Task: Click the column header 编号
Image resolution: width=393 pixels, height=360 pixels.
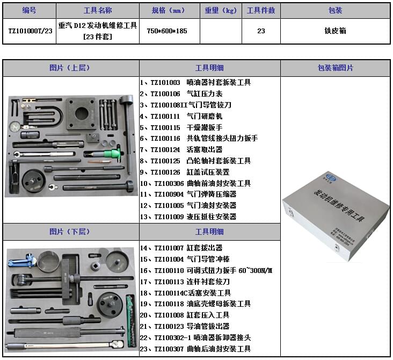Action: [x=29, y=11]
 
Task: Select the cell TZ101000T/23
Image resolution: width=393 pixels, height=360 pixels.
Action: [x=29, y=31]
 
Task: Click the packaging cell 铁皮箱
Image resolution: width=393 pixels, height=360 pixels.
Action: [x=335, y=31]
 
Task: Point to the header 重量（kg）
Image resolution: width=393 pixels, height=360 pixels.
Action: [x=221, y=11]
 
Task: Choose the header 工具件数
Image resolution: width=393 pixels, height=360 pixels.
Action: [x=260, y=11]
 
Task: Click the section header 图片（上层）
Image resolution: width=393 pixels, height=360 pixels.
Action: [x=70, y=68]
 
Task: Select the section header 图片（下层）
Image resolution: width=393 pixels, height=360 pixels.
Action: [x=70, y=232]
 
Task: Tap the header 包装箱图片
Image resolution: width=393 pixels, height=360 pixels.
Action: [x=335, y=68]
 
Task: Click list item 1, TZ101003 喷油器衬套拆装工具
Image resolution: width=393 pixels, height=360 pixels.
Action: [x=195, y=83]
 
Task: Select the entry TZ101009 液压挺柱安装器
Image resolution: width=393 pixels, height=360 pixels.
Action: [x=188, y=217]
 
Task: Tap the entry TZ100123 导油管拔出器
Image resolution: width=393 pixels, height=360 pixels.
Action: [x=185, y=327]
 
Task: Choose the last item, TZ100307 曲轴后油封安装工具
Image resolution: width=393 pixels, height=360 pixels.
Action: [x=195, y=349]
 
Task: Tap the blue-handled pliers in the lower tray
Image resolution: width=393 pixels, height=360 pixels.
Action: [x=20, y=263]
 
